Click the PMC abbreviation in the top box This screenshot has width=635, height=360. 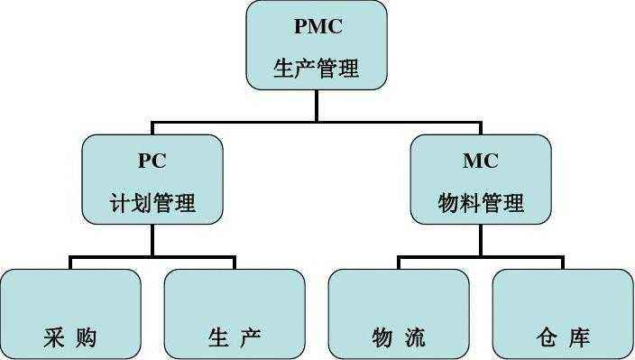click(317, 26)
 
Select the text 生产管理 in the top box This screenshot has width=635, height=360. click(317, 69)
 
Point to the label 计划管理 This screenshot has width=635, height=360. click(152, 203)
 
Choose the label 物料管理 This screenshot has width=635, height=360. click(480, 203)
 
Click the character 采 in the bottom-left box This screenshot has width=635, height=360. click(52, 338)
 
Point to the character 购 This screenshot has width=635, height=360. click(87, 338)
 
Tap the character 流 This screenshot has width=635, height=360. click(416, 338)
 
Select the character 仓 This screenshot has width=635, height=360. click(545, 338)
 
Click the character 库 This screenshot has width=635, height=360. click(580, 338)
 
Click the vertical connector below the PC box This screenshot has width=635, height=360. click(152, 240)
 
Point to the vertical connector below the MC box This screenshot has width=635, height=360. click(480, 240)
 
